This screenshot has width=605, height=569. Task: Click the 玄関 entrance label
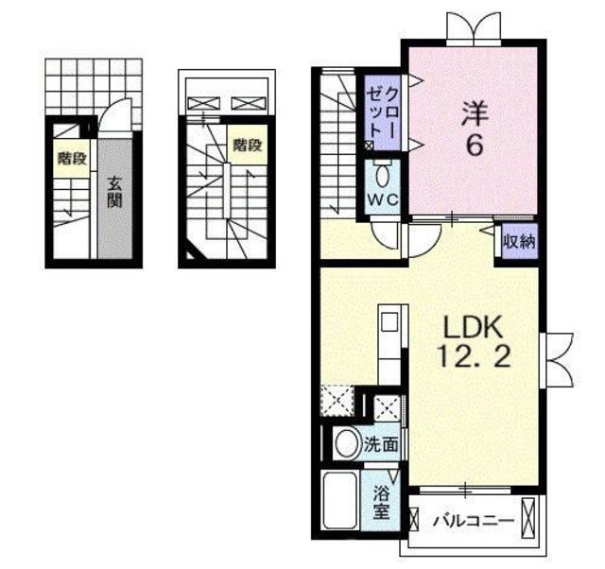pyautogui.click(x=114, y=192)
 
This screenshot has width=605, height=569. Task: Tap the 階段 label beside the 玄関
pyautogui.click(x=72, y=158)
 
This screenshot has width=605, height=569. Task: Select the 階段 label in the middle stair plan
pyautogui.click(x=248, y=145)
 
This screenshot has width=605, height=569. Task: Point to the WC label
pyautogui.click(x=382, y=199)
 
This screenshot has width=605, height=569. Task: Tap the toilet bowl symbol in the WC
pyautogui.click(x=382, y=177)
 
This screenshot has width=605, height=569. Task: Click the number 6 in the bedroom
pyautogui.click(x=475, y=146)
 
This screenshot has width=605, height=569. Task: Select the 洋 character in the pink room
pyautogui.click(x=475, y=113)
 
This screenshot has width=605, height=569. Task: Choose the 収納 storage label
pyautogui.click(x=519, y=242)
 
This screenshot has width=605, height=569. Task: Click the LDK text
pyautogui.click(x=474, y=327)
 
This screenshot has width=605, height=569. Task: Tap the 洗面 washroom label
pyautogui.click(x=381, y=445)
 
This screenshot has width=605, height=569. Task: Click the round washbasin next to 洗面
pyautogui.click(x=348, y=443)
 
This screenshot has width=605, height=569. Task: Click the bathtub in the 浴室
pyautogui.click(x=339, y=501)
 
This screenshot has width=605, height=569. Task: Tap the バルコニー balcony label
pyautogui.click(x=474, y=522)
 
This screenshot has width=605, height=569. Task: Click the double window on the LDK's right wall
pyautogui.click(x=559, y=359)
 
